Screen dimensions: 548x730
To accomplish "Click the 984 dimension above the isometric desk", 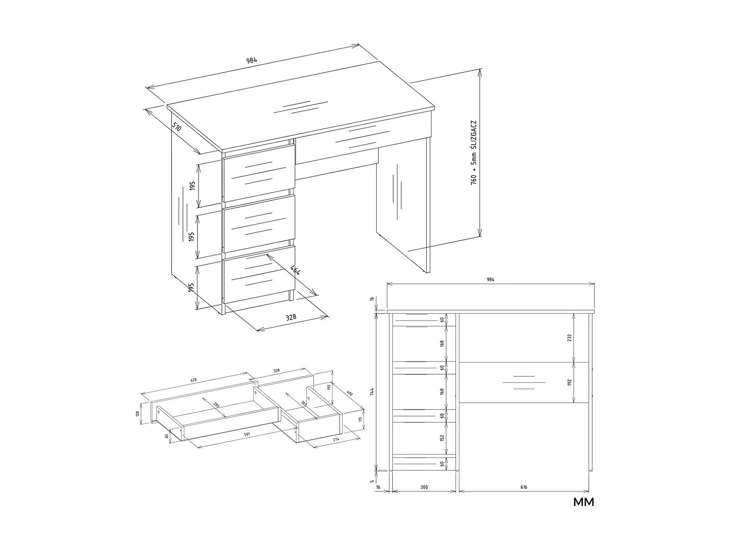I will click(251, 61).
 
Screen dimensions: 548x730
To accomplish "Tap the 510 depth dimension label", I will click(177, 127).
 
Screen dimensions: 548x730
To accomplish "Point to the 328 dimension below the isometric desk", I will click(291, 317).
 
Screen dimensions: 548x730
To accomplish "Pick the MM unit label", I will click(584, 502).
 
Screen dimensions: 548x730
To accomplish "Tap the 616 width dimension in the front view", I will click(524, 487).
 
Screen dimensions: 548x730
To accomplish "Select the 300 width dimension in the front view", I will click(423, 487).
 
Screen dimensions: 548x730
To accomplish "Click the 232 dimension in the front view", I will click(570, 337).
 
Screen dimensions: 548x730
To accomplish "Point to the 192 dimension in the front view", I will click(570, 382).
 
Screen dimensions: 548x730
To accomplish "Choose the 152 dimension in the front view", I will click(442, 438).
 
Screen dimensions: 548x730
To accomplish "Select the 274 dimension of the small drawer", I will click(335, 440).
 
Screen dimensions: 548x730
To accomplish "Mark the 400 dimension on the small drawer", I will click(349, 393).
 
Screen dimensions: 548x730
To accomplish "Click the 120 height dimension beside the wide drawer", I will click(138, 414).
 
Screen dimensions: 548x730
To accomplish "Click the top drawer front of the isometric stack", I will click(259, 173).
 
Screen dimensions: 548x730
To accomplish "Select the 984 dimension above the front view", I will click(491, 280).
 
